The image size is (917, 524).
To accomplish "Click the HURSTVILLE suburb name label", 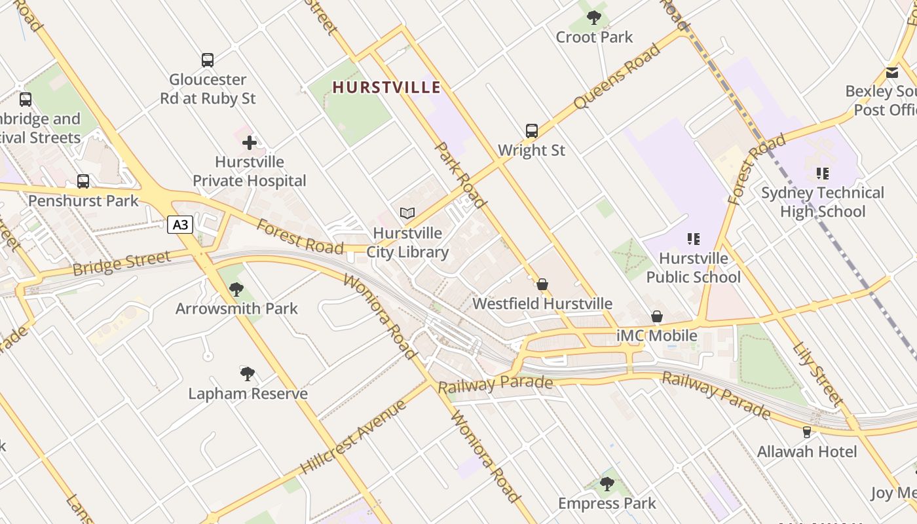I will coord(386,87).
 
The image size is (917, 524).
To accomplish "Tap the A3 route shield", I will coord(180,225).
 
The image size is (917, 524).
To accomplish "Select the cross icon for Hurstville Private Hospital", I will coord(250,142).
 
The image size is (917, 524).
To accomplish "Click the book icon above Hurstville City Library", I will coord(407,213).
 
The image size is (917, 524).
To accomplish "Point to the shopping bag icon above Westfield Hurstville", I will coord(542,284).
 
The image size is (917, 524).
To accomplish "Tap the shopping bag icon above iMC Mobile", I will coord(657,317).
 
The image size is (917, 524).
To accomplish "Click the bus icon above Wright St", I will coord(531,131).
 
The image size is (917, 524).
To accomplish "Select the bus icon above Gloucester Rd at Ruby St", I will coord(208,60).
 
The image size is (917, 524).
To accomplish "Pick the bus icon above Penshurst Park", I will coord(83,181).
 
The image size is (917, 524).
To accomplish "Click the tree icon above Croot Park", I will coord(594,18).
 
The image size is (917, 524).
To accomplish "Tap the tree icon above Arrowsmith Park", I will coord(236,289).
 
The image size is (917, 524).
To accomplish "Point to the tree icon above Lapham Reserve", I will coord(248,374).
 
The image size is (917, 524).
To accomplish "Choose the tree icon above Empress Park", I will coord(607,484).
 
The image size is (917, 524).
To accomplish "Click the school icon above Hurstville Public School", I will coord(693,239).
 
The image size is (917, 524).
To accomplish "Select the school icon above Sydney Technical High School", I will coord(822,174).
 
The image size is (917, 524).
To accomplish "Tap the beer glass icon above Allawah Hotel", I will coord(806,432).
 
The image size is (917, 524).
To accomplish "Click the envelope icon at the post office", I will coord(892,73).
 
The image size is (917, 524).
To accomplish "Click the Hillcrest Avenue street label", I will coord(354,437).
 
